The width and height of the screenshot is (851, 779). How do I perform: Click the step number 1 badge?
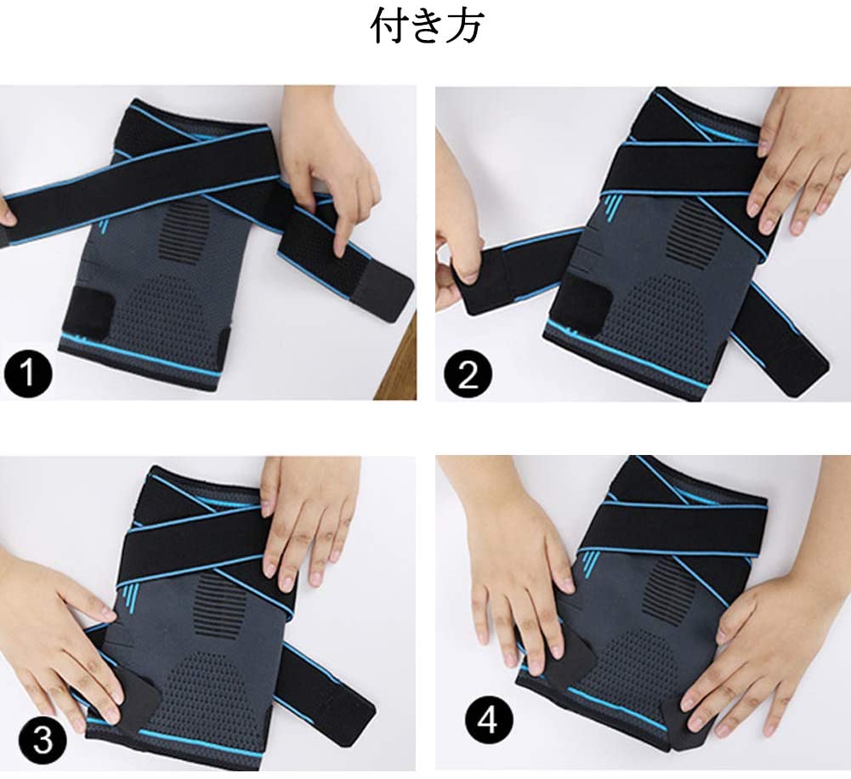(28, 373)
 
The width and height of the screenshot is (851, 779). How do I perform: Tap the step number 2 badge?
(468, 373)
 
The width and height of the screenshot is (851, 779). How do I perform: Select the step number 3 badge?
(43, 741)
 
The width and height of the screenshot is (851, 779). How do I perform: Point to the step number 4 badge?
(489, 721)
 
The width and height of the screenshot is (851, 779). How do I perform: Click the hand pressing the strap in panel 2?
(797, 162)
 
